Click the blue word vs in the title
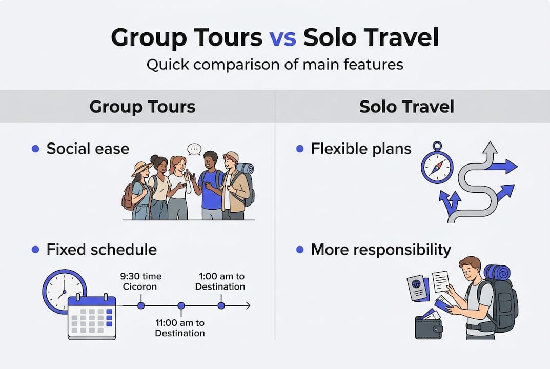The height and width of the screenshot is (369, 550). pyautogui.click(x=283, y=38)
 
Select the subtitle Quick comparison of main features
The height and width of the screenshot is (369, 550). pyautogui.click(x=275, y=65)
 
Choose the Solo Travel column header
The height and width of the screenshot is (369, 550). pyautogui.click(x=406, y=107)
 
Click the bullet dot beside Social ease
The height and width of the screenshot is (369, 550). pyautogui.click(x=35, y=149)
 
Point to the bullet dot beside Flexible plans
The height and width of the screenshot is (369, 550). pyautogui.click(x=300, y=149)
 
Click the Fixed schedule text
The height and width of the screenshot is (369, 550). pyautogui.click(x=101, y=250)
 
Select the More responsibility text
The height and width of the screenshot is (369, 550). pyautogui.click(x=381, y=250)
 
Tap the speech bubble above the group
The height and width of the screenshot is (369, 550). pyautogui.click(x=194, y=150)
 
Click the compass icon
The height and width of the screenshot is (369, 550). pyautogui.click(x=437, y=163)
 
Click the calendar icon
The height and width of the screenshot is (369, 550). pyautogui.click(x=92, y=317)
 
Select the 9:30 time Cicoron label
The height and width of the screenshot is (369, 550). pyautogui.click(x=140, y=281)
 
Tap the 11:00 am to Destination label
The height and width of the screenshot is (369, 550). pyautogui.click(x=180, y=328)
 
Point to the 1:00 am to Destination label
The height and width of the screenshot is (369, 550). pyautogui.click(x=220, y=281)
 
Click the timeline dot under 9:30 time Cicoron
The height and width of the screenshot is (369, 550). pyautogui.click(x=141, y=305)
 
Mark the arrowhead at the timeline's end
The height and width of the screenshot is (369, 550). pyautogui.click(x=248, y=305)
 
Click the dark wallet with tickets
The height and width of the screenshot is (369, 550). pyautogui.click(x=429, y=325)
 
